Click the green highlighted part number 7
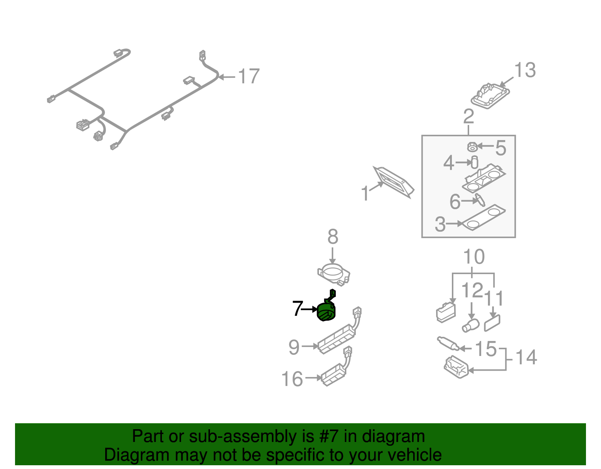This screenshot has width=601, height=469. (326, 312)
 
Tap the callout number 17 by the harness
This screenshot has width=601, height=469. (249, 77)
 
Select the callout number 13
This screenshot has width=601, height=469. (524, 70)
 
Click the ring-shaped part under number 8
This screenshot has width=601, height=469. (333, 273)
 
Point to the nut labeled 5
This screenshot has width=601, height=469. (472, 146)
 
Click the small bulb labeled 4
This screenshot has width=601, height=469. (474, 162)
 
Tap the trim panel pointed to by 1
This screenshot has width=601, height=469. (393, 182)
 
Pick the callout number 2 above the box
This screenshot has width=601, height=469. (468, 117)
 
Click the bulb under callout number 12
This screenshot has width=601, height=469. (471, 325)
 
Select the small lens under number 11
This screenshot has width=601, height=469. (492, 323)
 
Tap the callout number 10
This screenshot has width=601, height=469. (474, 257)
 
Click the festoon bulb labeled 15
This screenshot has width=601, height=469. (448, 343)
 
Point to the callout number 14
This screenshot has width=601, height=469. (526, 357)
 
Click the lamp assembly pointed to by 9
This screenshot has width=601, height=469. (336, 339)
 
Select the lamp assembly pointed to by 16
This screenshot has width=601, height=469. (334, 374)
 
